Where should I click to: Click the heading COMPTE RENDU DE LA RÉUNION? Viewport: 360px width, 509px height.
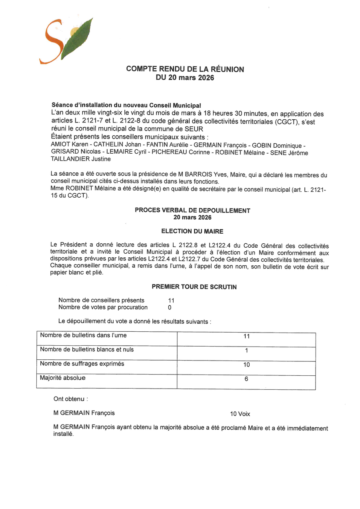pyautogui.click(x=185, y=69)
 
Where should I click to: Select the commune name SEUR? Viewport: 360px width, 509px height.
pyautogui.click(x=194, y=129)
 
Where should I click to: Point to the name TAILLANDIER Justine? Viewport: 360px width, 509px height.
pyautogui.click(x=81, y=159)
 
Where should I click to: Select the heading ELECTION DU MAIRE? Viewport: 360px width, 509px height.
pyautogui.click(x=192, y=231)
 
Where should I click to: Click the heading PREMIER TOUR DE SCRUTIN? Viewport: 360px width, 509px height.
pyautogui.click(x=194, y=287)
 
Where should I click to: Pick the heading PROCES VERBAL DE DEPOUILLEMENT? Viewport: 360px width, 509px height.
pyautogui.click(x=192, y=210)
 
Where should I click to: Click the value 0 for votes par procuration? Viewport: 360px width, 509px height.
pyautogui.click(x=170, y=308)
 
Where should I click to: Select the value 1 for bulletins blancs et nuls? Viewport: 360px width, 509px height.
pyautogui.click(x=246, y=351)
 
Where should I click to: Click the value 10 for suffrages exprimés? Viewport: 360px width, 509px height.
pyautogui.click(x=246, y=365)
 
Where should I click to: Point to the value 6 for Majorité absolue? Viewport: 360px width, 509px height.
pyautogui.click(x=246, y=379)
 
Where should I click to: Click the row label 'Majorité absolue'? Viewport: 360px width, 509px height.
pyautogui.click(x=63, y=378)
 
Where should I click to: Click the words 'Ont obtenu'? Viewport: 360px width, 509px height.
pyautogui.click(x=70, y=399)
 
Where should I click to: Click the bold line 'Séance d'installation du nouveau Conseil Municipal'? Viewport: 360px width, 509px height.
pyautogui.click(x=126, y=106)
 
